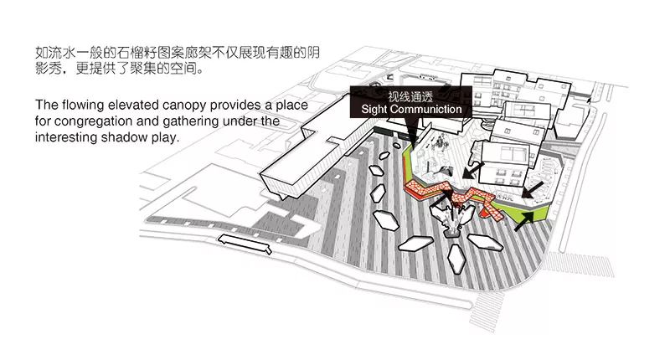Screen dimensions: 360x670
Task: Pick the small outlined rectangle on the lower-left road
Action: (x=245, y=244)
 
